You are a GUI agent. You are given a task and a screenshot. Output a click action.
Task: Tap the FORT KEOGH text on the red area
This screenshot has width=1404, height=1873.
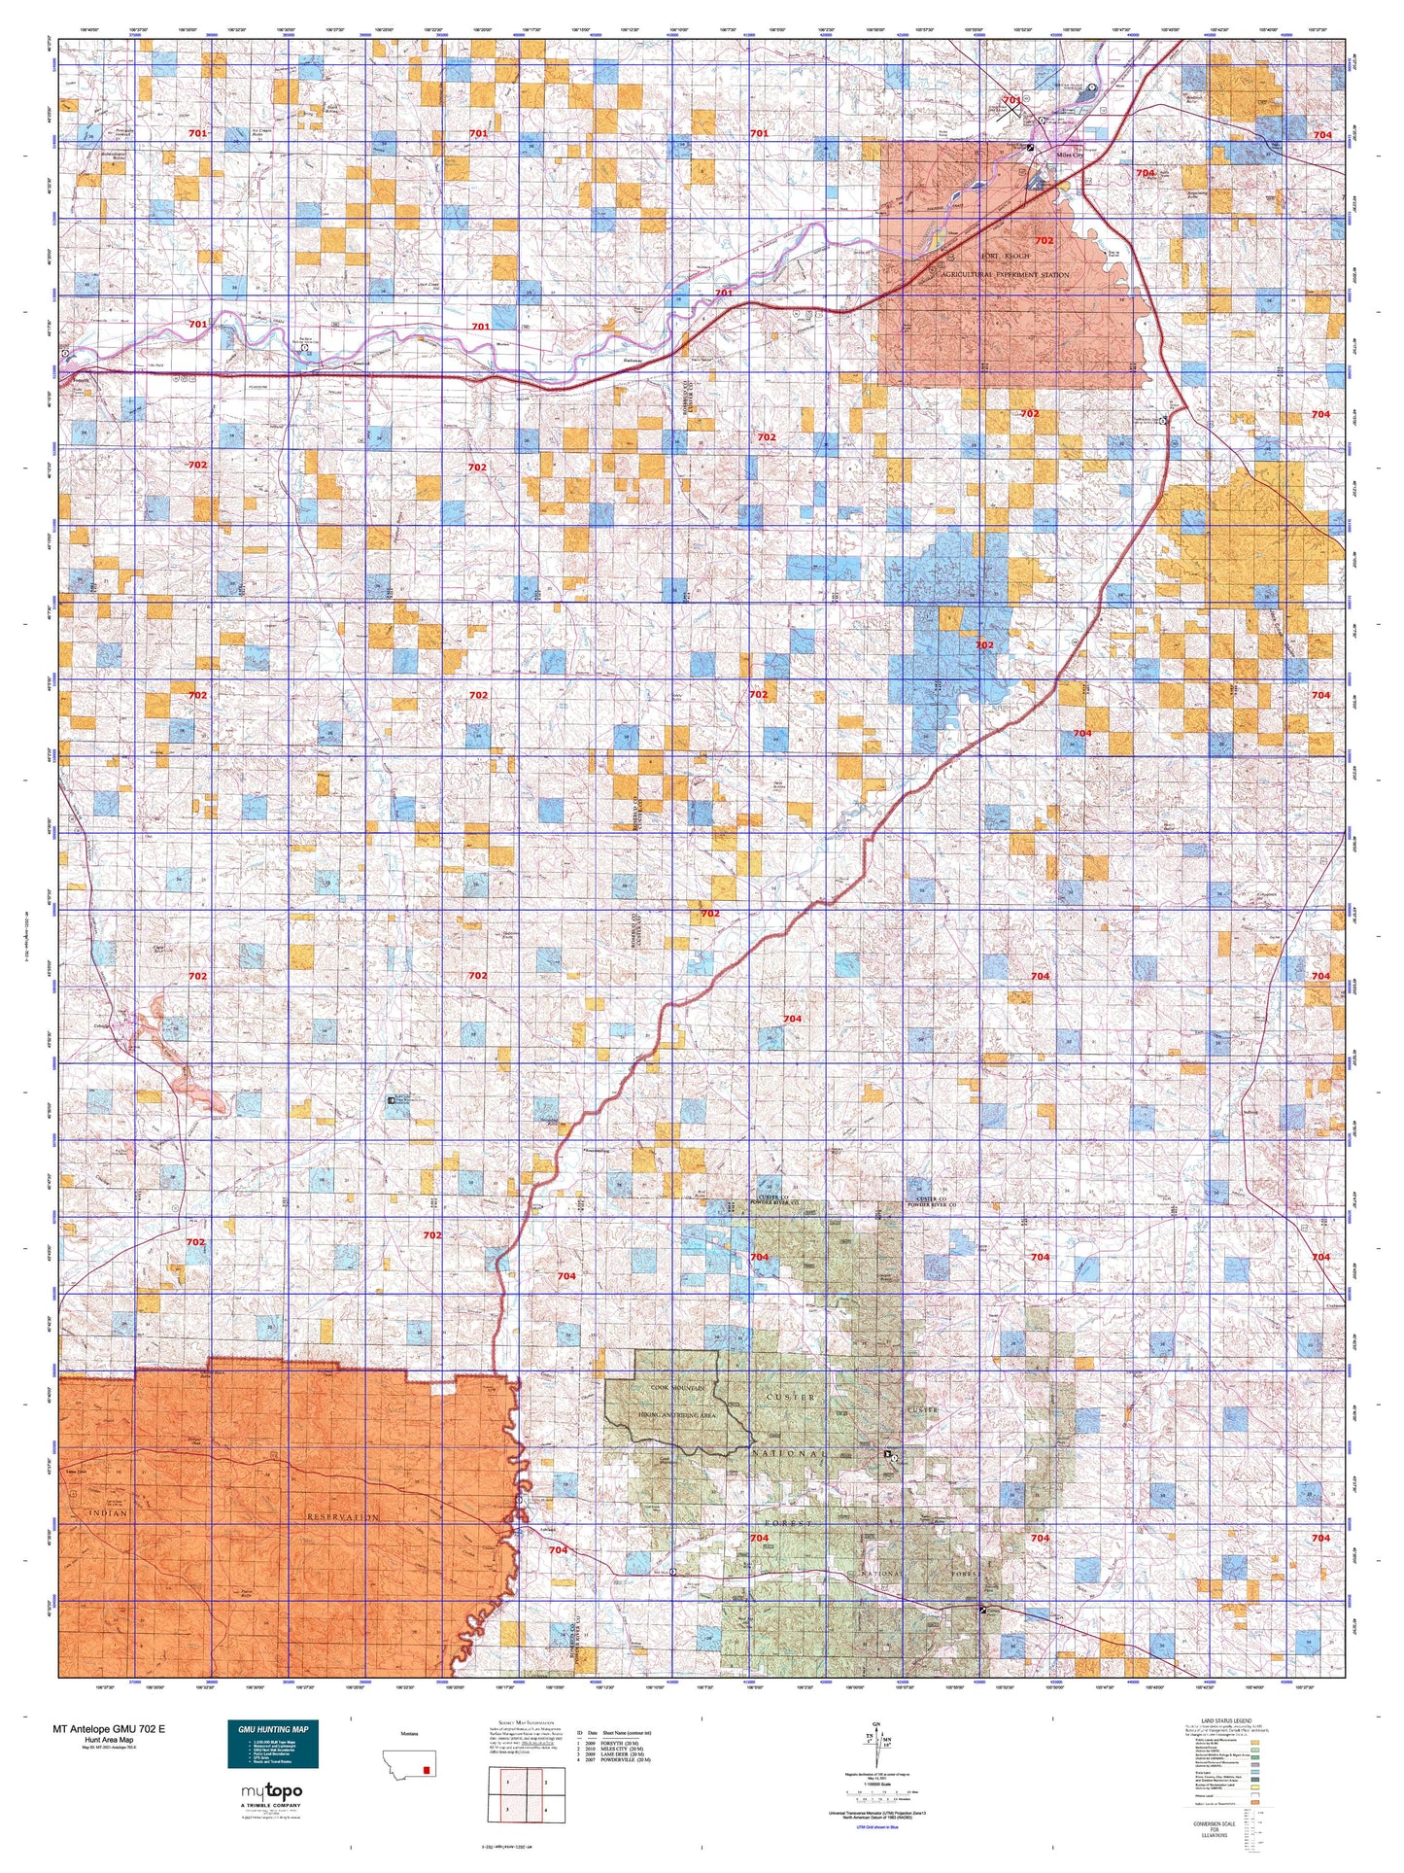coord(1005,256)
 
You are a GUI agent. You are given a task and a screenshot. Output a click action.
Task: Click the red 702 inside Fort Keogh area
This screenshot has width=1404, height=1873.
coord(1044,240)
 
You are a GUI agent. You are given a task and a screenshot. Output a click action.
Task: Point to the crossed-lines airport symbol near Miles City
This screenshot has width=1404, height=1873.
coord(1011,109)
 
